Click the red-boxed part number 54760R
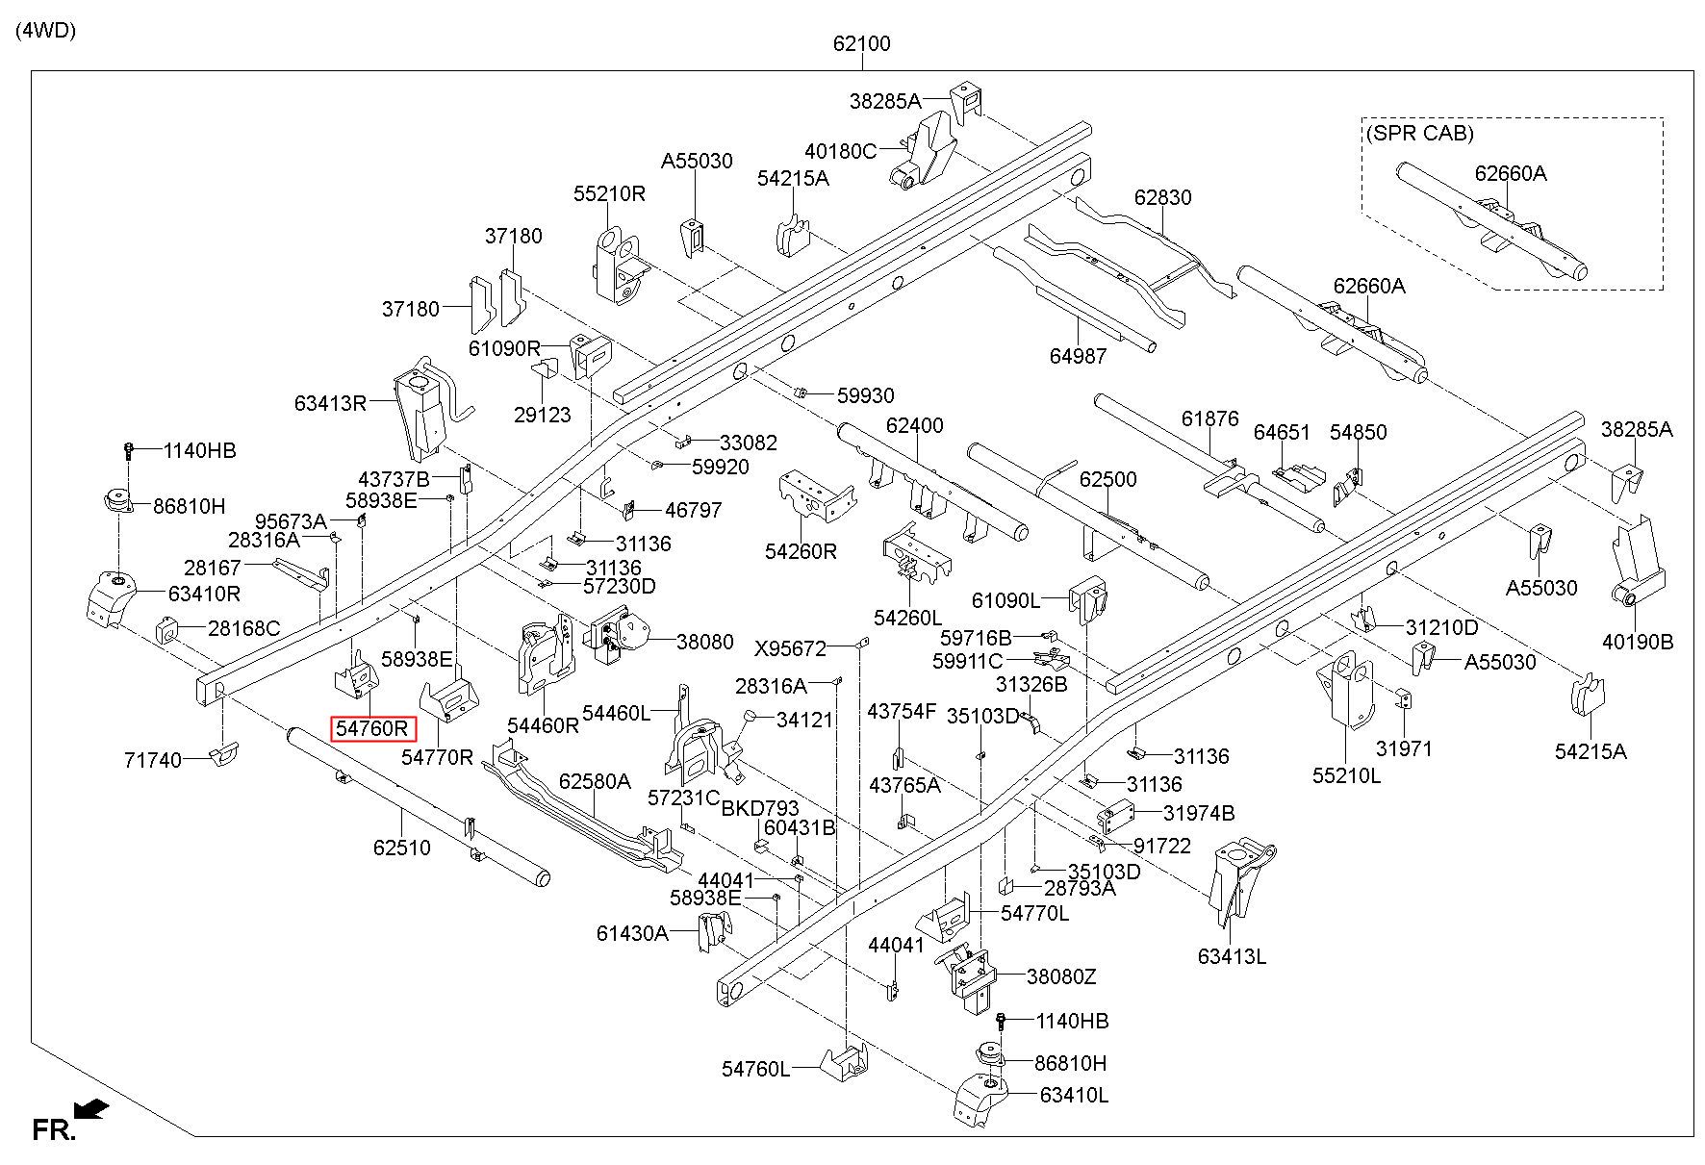coord(372,729)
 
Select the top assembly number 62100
coord(861,43)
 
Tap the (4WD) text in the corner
coord(45,30)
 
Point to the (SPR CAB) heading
coord(1419,134)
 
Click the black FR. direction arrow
coord(91,1110)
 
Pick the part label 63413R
coord(330,403)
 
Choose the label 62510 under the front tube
coord(402,848)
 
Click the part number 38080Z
coord(1060,976)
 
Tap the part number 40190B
coord(1638,642)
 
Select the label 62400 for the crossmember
coord(914,425)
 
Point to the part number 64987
coord(1078,356)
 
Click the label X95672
coord(790,648)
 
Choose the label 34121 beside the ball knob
coord(804,720)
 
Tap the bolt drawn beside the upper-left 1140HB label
coord(129,449)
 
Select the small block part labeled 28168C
coord(168,629)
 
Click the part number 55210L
coord(1346,774)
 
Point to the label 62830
coord(1162,197)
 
